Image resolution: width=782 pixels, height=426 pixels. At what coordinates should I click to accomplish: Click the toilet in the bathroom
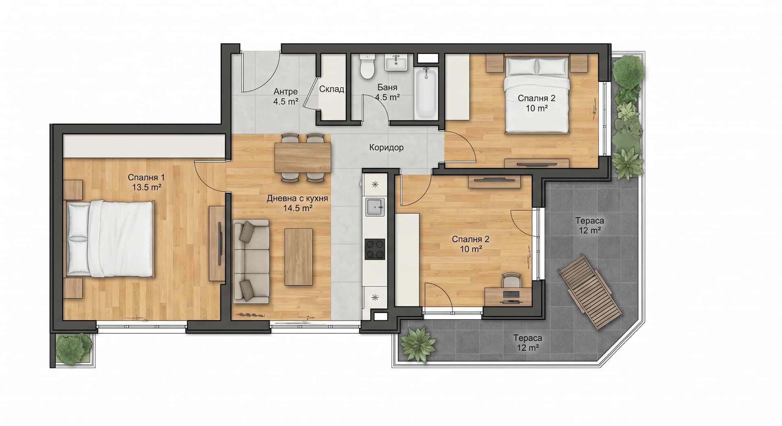(367, 67)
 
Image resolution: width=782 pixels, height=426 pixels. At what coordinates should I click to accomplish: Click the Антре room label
(286, 92)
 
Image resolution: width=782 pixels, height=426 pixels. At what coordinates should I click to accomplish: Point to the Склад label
(332, 89)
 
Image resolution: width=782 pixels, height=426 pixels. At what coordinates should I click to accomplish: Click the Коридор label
(387, 147)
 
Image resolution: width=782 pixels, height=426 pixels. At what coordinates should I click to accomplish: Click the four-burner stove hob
(375, 249)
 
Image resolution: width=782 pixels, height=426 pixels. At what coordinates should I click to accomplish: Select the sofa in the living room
(251, 262)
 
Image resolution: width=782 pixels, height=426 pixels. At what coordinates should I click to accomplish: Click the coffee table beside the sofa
(299, 257)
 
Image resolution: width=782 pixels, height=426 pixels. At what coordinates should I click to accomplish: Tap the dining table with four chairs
(303, 157)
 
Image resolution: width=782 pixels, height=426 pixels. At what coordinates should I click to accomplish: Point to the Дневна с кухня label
(297, 199)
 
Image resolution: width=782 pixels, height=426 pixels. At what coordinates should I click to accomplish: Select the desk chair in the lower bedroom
(512, 280)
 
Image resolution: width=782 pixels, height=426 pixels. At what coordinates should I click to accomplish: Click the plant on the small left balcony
(74, 348)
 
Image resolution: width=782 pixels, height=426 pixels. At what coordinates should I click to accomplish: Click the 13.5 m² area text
(147, 188)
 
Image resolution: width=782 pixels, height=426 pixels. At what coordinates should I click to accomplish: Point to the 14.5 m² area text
(298, 208)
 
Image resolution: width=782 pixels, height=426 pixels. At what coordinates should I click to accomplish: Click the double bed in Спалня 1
(110, 238)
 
